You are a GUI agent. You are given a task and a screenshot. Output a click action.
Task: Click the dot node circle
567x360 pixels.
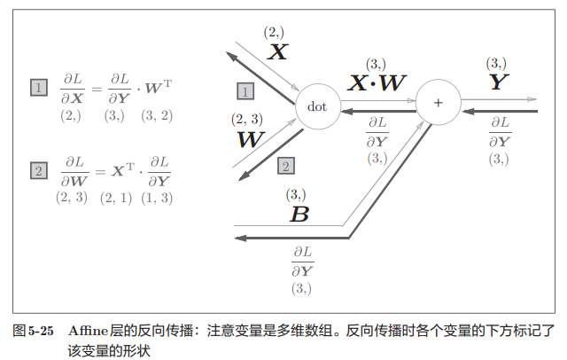[317, 106]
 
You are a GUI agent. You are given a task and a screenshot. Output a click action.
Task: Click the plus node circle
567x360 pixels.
[437, 103]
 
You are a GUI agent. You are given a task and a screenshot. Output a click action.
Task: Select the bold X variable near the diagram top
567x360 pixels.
[277, 51]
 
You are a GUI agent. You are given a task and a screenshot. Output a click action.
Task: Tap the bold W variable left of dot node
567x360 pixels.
[251, 139]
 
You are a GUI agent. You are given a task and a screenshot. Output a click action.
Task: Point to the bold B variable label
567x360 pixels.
[299, 214]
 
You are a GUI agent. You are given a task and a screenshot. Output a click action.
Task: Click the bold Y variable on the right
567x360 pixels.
[500, 82]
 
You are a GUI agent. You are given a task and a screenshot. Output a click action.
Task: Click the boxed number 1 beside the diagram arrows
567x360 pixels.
[245, 90]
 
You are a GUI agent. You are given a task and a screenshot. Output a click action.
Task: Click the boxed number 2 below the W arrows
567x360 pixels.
[285, 165]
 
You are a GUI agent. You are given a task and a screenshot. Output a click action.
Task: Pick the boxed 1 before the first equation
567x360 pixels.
[39, 88]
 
